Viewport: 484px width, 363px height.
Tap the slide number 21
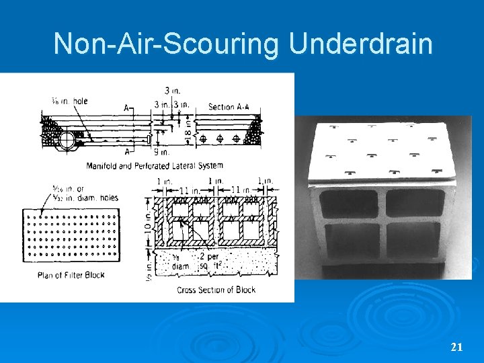click(456, 347)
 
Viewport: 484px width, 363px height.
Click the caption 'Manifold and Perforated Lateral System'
click(156, 165)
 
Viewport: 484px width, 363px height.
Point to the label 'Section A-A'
click(231, 107)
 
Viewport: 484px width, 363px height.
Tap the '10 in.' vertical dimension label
click(148, 222)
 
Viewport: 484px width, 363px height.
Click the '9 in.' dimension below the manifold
click(163, 152)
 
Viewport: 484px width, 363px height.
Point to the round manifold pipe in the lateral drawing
click(69, 140)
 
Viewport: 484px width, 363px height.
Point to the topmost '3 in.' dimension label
click(171, 91)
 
